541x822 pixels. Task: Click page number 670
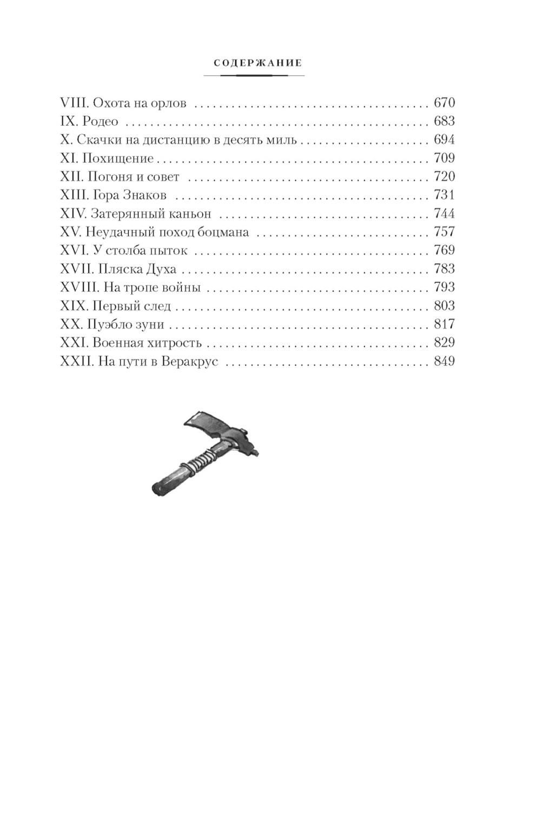(444, 102)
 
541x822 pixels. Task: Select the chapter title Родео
(100, 121)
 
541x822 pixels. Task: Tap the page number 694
(444, 139)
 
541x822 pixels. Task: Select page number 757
(444, 232)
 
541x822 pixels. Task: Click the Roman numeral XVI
(75, 250)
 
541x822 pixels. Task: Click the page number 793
(444, 287)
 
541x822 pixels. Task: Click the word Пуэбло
(107, 324)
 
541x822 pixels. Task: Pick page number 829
(444, 342)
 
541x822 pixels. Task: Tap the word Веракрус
(189, 361)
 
